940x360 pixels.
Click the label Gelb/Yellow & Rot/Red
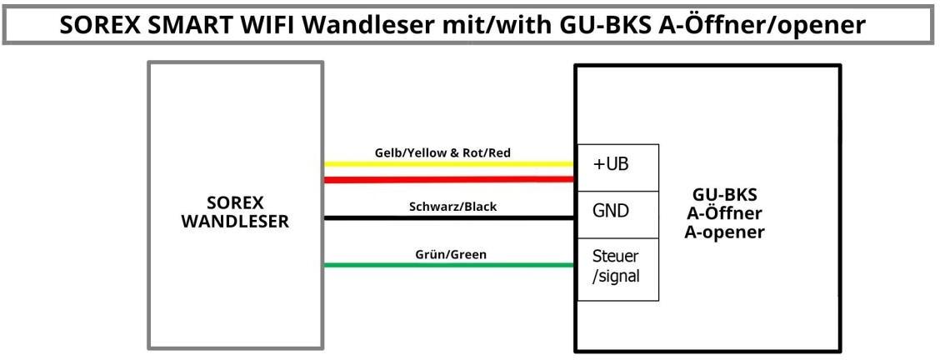(x=442, y=152)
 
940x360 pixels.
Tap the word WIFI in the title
(x=268, y=26)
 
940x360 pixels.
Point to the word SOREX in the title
(x=101, y=26)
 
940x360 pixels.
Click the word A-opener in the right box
(x=724, y=232)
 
